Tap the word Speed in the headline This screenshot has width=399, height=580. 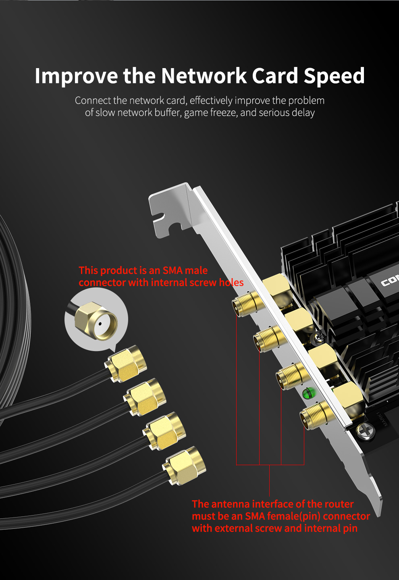[334, 76]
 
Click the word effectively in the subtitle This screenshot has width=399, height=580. [211, 100]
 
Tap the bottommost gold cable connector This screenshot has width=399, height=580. [184, 466]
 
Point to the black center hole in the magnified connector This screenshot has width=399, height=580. [100, 324]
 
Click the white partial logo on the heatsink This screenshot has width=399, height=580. [390, 282]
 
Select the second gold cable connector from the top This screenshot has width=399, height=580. [145, 397]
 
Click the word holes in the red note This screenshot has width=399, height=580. [231, 283]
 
